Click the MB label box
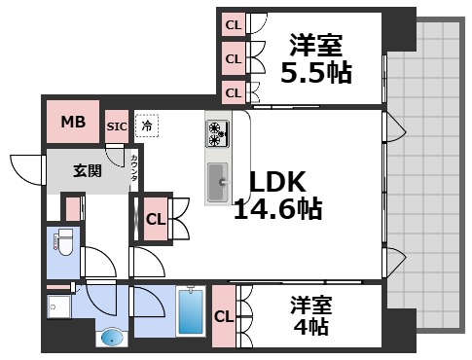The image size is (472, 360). [73, 123]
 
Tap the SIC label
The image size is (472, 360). [117, 126]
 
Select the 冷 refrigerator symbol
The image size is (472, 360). [146, 125]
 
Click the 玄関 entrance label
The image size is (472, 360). [87, 170]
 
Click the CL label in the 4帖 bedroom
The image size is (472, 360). [223, 316]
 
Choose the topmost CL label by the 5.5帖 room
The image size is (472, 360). [233, 24]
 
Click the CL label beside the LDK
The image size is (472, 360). [155, 219]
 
